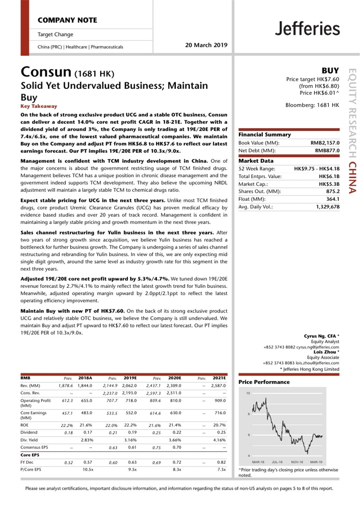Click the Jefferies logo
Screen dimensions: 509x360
[x=307, y=28]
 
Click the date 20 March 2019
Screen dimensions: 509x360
[x=206, y=45]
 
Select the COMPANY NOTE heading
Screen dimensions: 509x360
[x=67, y=20]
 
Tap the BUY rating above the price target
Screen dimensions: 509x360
[x=330, y=71]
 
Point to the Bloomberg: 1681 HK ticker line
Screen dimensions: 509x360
[x=312, y=105]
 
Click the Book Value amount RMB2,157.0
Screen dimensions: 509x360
[x=325, y=143]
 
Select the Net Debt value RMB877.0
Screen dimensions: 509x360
[x=327, y=150]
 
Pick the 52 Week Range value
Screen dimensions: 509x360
[x=316, y=168]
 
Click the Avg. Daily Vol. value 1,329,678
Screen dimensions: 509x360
[x=328, y=207]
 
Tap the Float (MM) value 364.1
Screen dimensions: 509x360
[x=333, y=199]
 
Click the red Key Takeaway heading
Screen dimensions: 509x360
[x=39, y=106]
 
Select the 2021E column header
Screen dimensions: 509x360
[x=219, y=378]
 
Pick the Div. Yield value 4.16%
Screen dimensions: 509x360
[x=219, y=440]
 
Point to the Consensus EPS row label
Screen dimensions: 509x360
[x=34, y=447]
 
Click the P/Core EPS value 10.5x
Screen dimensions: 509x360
[x=88, y=469]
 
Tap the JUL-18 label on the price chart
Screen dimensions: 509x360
[x=277, y=462]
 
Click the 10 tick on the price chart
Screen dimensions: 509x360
[x=248, y=393]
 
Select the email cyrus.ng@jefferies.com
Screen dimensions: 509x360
[x=318, y=347]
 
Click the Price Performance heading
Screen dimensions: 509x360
[x=264, y=382]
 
